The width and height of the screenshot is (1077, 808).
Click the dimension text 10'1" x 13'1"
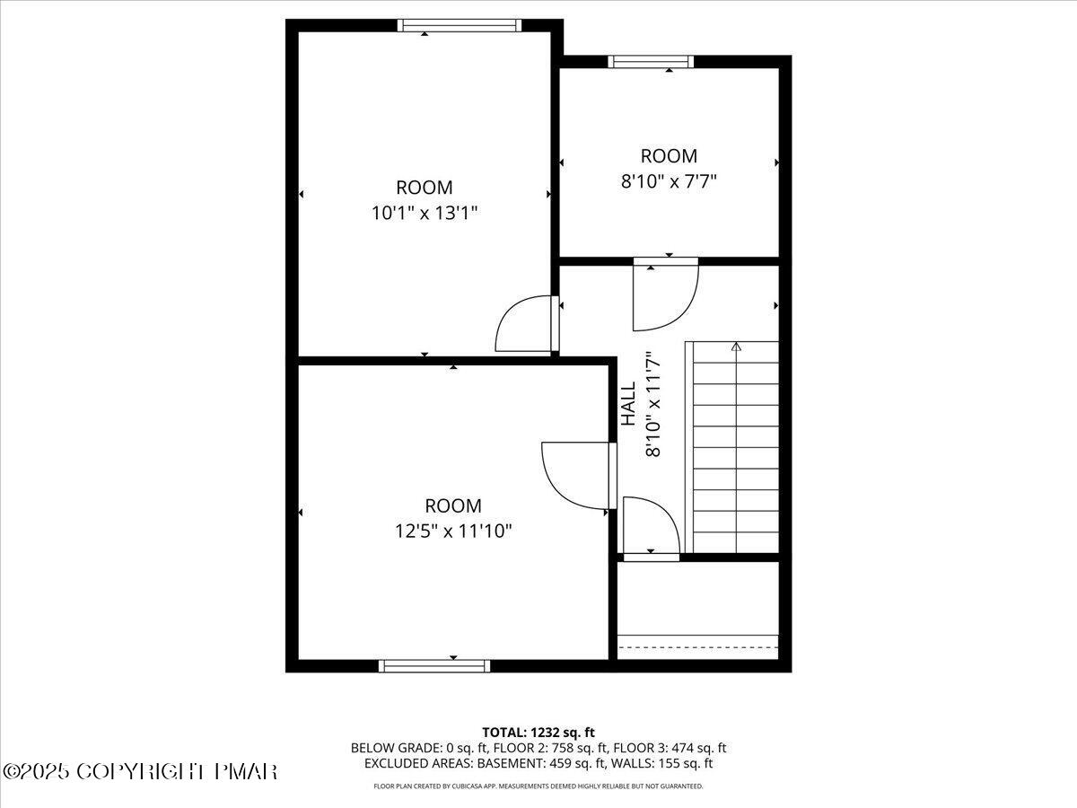pos(425,213)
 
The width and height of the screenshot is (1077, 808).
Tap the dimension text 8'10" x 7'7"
pos(669,180)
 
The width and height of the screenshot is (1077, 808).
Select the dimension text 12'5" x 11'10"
pos(453,531)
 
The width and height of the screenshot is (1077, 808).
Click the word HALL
pos(628,404)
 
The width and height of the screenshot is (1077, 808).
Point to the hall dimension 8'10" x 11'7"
pos(653,404)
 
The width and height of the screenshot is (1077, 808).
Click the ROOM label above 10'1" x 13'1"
pos(425,188)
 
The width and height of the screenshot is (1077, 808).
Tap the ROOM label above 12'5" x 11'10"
pos(453,505)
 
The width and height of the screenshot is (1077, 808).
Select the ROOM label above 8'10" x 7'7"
pos(669,155)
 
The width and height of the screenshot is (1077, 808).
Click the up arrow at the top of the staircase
pos(736,347)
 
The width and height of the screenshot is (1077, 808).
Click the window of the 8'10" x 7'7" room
pos(651,62)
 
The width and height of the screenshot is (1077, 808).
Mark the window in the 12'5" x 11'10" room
pos(434,665)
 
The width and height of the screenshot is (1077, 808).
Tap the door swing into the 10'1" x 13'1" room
pos(526,325)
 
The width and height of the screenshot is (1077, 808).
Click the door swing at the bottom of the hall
pos(651,527)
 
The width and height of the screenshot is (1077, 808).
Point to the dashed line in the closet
pos(698,646)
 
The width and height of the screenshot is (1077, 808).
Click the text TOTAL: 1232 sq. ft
pos(538,732)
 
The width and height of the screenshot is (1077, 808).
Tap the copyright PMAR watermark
pos(140,771)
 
